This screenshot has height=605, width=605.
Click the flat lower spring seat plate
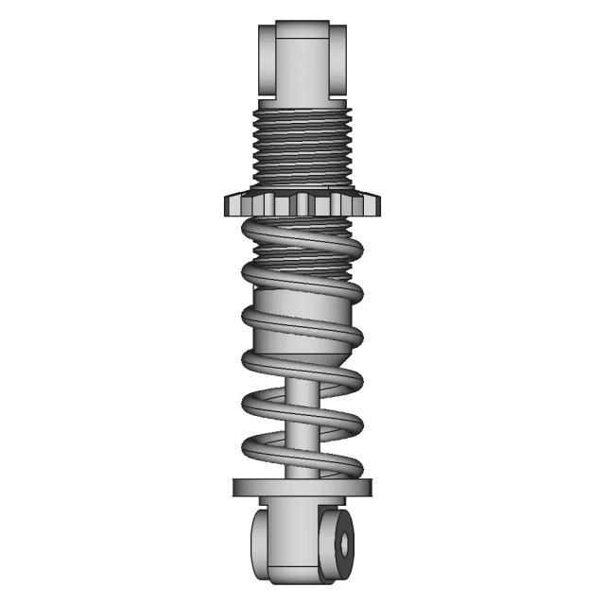tap(302, 487)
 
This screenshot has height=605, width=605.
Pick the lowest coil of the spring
tap(302, 459)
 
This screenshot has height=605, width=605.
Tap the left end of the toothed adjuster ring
tap(232, 203)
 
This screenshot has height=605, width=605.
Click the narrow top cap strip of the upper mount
tap(302, 29)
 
